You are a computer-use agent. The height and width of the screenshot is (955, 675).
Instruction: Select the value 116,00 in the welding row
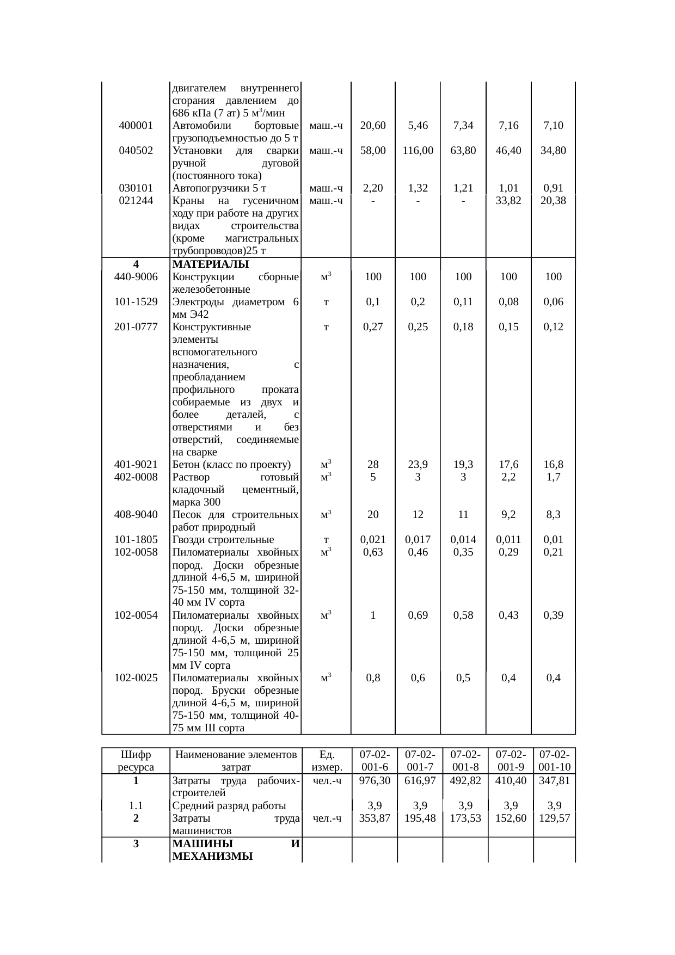click(418, 151)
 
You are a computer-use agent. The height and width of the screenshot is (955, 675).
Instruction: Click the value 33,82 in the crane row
click(508, 201)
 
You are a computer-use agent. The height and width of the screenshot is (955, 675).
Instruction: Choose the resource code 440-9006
click(136, 277)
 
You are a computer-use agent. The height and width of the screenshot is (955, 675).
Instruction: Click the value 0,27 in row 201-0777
click(373, 327)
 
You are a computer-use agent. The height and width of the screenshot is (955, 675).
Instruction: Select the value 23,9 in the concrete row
click(418, 465)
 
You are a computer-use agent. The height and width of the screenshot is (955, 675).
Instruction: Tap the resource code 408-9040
click(136, 515)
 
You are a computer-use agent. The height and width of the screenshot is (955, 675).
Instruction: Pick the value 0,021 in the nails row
click(373, 540)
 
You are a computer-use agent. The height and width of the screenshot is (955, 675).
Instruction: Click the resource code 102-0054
click(136, 615)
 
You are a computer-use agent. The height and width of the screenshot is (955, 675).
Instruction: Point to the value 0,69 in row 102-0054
click(418, 615)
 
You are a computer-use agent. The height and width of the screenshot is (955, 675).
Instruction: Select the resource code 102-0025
click(136, 678)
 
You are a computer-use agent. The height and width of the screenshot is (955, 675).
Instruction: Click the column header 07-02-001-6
click(373, 761)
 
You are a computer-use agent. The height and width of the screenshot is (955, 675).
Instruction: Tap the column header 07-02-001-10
click(554, 761)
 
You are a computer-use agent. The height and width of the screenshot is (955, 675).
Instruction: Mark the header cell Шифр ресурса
click(136, 761)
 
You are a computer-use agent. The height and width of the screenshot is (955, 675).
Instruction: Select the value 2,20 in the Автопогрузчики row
click(373, 189)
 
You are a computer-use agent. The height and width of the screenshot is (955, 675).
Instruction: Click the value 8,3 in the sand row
click(553, 515)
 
